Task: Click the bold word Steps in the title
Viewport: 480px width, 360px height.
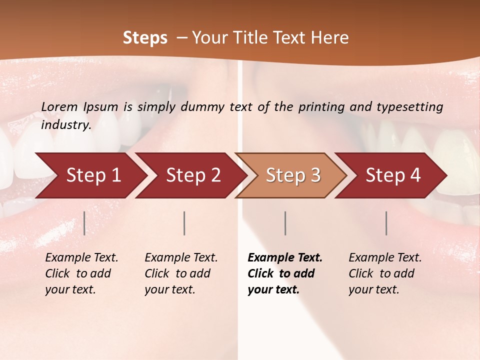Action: point(145,38)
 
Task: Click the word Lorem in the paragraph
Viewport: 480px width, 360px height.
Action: point(59,106)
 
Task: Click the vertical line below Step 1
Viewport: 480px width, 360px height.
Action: point(84,223)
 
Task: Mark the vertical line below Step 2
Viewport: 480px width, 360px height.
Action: point(184,223)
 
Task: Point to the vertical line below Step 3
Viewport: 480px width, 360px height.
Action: point(285,223)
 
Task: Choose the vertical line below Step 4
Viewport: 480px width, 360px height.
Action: point(386,223)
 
